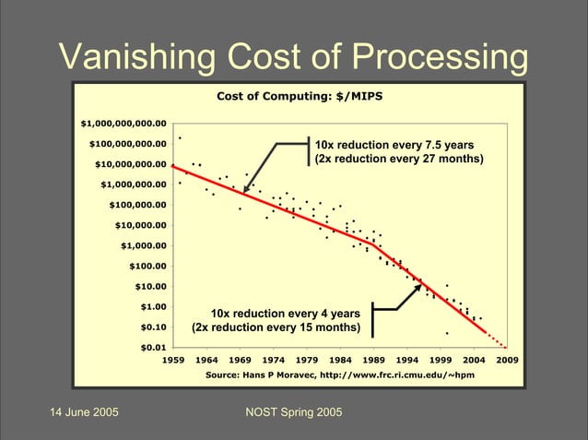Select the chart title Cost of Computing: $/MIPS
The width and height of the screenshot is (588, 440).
click(300, 96)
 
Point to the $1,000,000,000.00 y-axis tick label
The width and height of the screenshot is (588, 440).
click(123, 124)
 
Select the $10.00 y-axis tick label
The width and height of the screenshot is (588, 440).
click(150, 286)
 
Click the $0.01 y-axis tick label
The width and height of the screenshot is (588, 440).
click(153, 347)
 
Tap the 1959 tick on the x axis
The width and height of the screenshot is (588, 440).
click(174, 360)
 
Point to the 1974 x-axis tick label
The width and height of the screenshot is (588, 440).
click(274, 360)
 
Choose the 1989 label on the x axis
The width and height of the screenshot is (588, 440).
click(373, 360)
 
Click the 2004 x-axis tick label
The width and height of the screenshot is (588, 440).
click(473, 360)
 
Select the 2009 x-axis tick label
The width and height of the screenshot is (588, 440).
click(506, 360)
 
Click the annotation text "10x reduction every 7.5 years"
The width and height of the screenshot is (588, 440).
click(394, 145)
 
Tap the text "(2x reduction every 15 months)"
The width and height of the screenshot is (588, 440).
click(275, 327)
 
